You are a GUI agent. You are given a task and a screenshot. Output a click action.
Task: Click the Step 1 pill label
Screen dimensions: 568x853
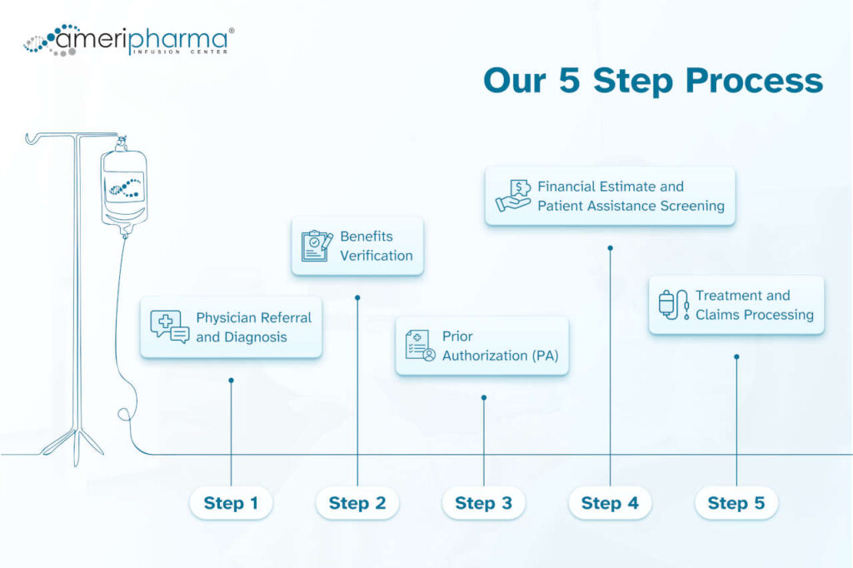tap(231, 503)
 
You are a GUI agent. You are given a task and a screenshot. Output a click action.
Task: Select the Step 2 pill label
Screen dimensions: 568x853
tap(357, 503)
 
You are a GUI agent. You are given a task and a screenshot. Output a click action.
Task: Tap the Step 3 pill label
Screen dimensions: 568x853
tap(483, 503)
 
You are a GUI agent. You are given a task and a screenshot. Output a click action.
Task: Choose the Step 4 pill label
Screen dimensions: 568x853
tap(610, 503)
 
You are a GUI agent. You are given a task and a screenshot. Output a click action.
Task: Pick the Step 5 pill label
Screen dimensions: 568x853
tap(736, 503)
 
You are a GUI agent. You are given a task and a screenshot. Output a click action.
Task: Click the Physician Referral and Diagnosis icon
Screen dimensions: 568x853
tap(169, 326)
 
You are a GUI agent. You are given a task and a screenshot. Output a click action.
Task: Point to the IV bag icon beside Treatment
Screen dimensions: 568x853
tap(674, 305)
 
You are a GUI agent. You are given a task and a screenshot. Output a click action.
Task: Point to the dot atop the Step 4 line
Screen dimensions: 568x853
tap(611, 247)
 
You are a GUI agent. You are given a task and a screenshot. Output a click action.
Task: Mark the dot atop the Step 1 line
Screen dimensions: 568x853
tap(231, 381)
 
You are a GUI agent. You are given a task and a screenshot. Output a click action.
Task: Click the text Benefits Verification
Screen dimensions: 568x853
tap(377, 246)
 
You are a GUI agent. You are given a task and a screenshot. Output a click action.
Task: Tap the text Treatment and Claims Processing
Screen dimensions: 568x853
tap(755, 305)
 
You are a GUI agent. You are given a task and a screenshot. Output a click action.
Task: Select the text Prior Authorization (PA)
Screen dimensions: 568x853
tap(500, 346)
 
